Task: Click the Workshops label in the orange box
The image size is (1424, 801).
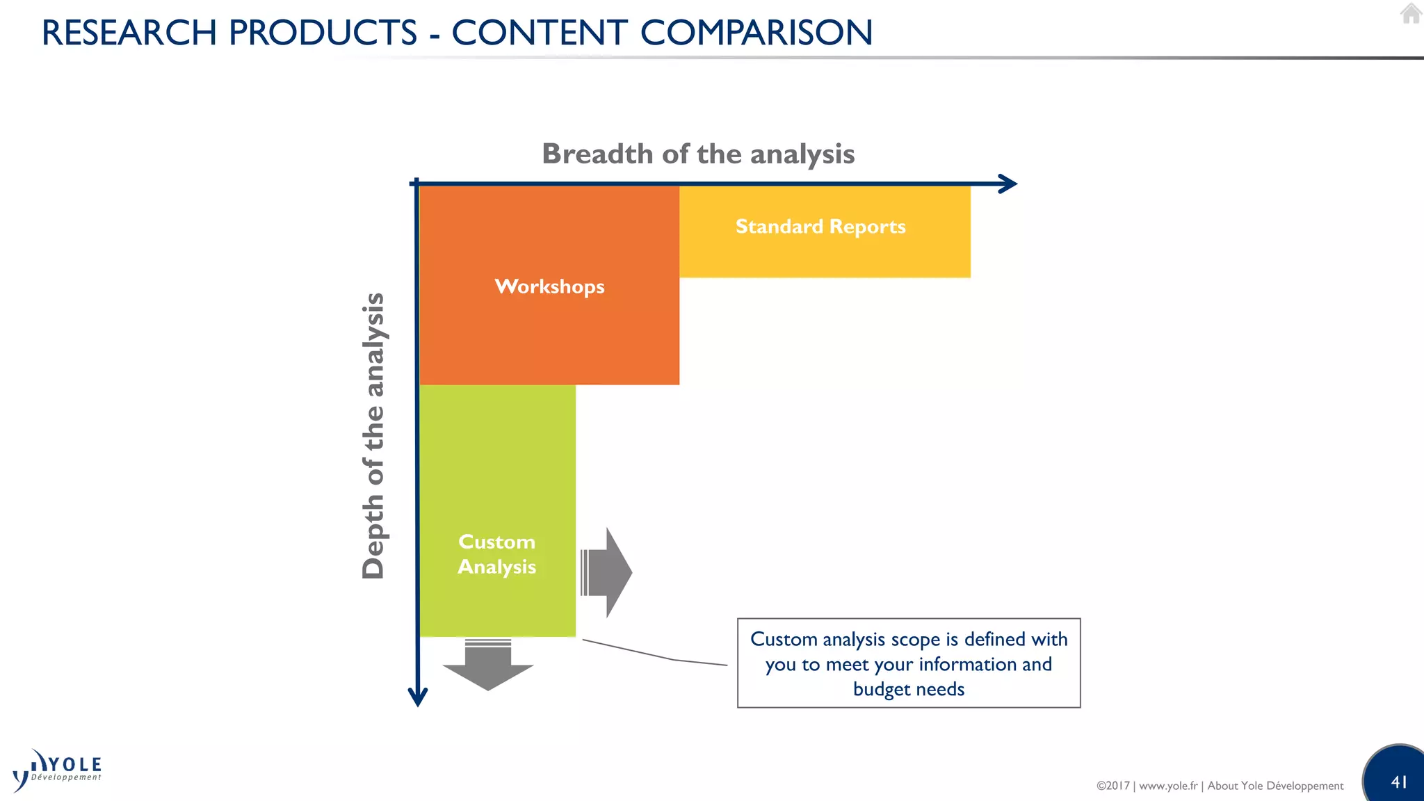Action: click(549, 286)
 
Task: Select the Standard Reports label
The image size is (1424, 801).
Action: click(820, 227)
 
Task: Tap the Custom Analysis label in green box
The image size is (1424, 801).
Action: click(496, 554)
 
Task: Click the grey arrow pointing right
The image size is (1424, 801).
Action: click(608, 572)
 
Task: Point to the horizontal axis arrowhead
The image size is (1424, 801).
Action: click(1008, 184)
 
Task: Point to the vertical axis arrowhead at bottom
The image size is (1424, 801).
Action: click(417, 697)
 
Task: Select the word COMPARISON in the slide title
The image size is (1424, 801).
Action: click(756, 33)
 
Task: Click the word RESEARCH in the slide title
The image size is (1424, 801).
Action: click(129, 33)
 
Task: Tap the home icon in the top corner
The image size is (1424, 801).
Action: click(1411, 14)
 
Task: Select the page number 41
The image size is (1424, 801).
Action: click(1399, 782)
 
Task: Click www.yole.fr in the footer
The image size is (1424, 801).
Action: click(1168, 786)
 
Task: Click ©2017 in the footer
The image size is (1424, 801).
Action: click(1112, 786)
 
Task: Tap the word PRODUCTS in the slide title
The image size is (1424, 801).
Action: click(323, 33)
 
